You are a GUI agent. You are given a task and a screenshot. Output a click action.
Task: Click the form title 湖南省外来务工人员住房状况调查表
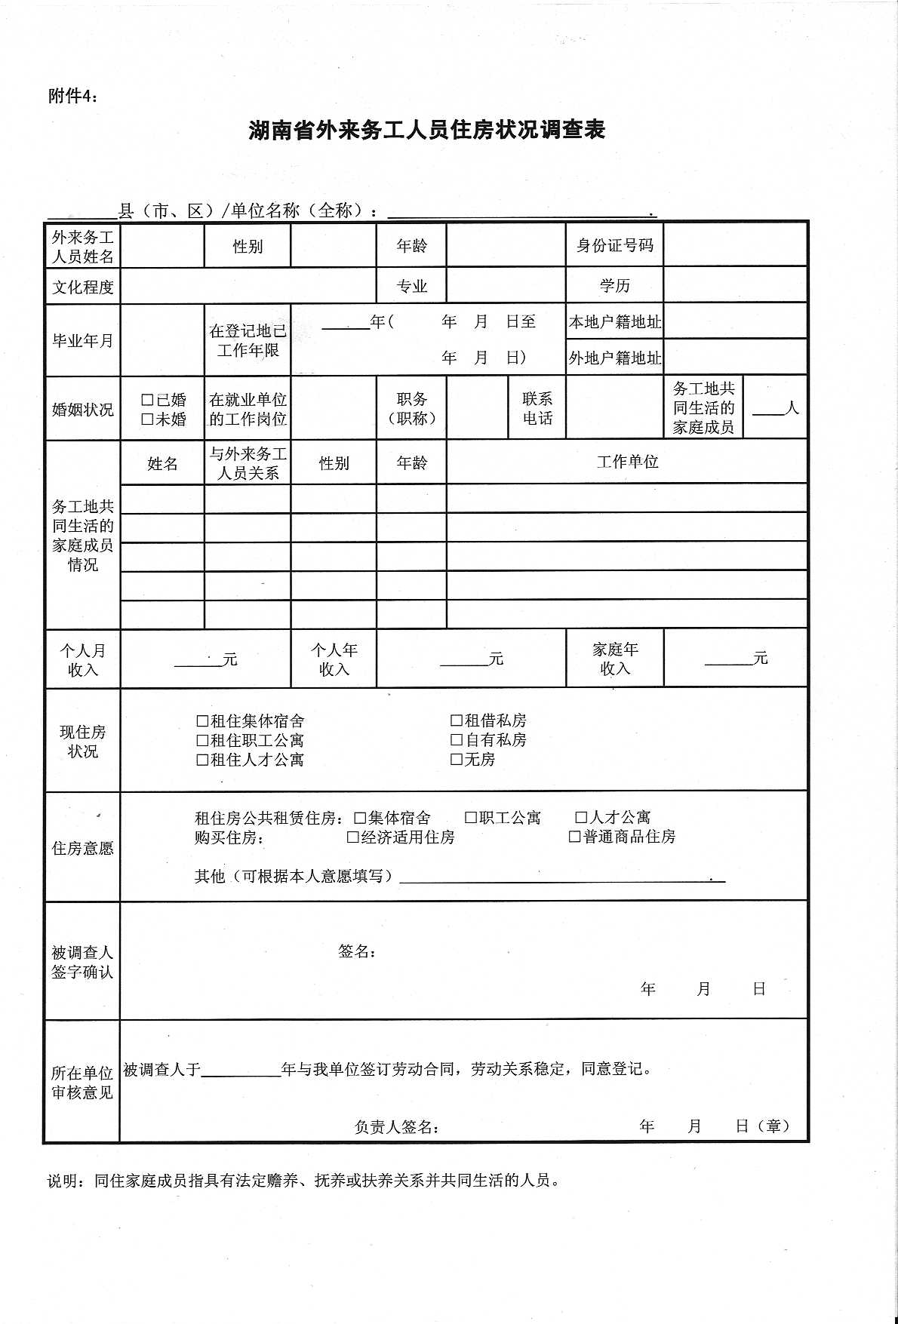(426, 130)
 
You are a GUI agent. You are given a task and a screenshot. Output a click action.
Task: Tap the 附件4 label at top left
(72, 96)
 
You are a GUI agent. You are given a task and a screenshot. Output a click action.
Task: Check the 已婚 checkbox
(147, 400)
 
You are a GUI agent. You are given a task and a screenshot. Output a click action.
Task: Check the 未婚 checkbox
(147, 419)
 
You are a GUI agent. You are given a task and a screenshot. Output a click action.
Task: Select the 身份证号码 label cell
(614, 245)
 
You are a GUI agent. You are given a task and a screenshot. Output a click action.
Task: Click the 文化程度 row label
(82, 287)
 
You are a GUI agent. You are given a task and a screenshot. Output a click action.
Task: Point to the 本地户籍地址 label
(614, 322)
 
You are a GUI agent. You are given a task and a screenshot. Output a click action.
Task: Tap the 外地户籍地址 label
(614, 358)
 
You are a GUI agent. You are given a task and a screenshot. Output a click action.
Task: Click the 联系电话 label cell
(537, 408)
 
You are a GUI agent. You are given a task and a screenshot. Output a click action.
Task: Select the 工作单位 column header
(627, 462)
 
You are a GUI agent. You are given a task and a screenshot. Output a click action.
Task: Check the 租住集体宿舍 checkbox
(202, 721)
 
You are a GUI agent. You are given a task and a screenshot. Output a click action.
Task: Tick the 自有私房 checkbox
(457, 740)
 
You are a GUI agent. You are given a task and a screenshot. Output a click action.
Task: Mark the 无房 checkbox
(457, 760)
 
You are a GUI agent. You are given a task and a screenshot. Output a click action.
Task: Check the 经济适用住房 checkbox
(352, 837)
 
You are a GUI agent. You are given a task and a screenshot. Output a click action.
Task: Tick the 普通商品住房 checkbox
(574, 837)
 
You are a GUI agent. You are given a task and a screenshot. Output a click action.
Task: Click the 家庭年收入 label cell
(614, 659)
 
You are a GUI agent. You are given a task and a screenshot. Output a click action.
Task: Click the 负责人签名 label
(397, 1126)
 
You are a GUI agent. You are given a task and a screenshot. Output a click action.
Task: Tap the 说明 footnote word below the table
(63, 1181)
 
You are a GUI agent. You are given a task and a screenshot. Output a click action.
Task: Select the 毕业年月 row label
(82, 341)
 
